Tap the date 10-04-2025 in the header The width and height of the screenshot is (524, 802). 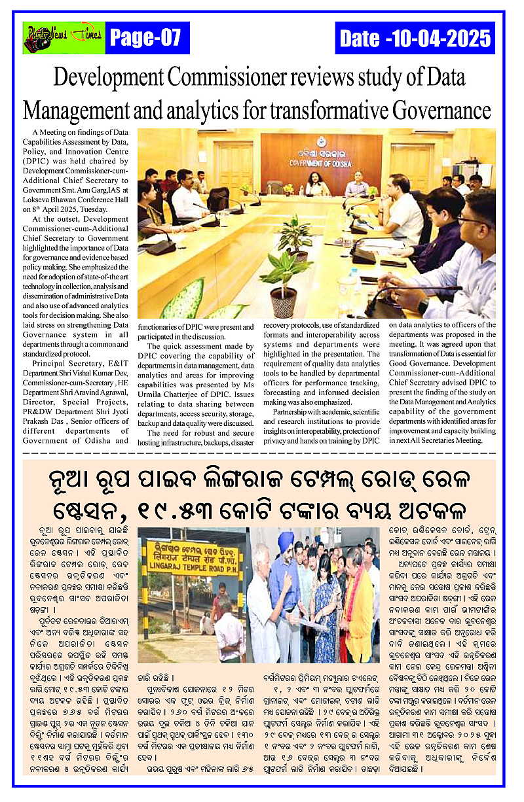415,39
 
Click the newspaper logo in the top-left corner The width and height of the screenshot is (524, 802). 63,38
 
